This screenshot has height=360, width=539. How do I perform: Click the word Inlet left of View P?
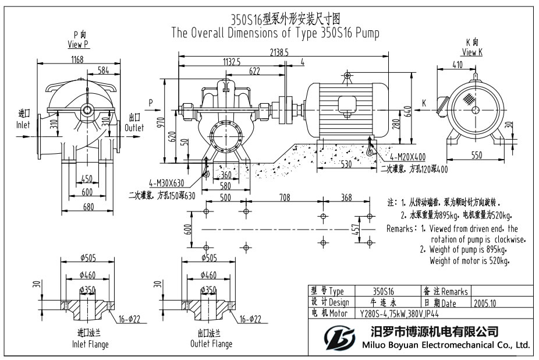(23, 125)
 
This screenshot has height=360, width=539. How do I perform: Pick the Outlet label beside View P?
(134, 128)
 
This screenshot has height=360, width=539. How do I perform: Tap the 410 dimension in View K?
(458, 65)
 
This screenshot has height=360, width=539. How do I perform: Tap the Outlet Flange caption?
(211, 344)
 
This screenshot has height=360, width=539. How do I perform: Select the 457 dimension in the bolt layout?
(355, 229)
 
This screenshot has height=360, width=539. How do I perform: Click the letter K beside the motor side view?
(424, 103)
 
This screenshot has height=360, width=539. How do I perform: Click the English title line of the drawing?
(275, 33)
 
